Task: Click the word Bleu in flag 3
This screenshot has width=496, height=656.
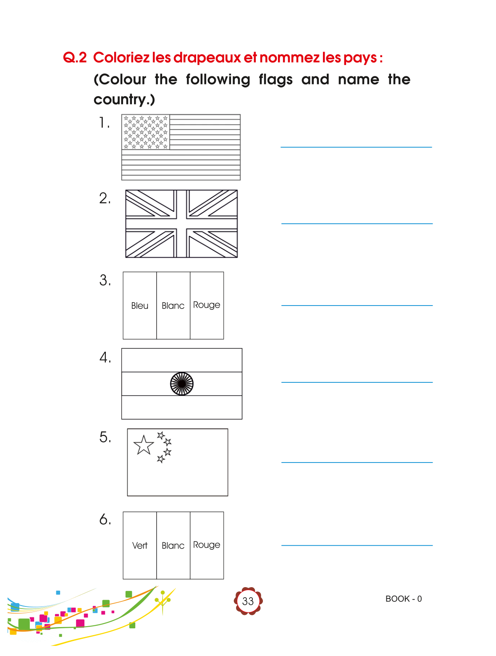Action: coord(139,306)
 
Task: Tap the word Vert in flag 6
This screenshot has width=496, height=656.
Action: coord(139,546)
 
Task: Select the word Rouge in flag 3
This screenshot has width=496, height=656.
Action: coord(207,305)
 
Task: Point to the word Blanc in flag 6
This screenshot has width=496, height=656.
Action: coord(173,546)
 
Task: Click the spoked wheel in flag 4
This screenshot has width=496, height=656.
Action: coord(182,384)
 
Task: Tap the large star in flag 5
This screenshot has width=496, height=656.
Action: coord(144,445)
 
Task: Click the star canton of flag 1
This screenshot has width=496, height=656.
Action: coord(146,132)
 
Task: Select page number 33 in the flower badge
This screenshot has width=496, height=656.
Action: coord(248,601)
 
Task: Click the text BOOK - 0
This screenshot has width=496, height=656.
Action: coord(404,599)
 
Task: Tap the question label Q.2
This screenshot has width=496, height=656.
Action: coord(75,57)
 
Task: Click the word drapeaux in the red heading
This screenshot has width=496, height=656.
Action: coord(207,57)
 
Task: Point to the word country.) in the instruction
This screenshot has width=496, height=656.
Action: coord(124,99)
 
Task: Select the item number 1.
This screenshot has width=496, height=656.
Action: coord(104,123)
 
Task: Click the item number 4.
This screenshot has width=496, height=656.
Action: coord(105,358)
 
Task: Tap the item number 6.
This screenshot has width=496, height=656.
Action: coord(105,520)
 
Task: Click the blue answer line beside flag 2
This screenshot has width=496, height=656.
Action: coord(357,224)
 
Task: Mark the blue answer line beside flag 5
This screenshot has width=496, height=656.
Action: coord(357,463)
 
